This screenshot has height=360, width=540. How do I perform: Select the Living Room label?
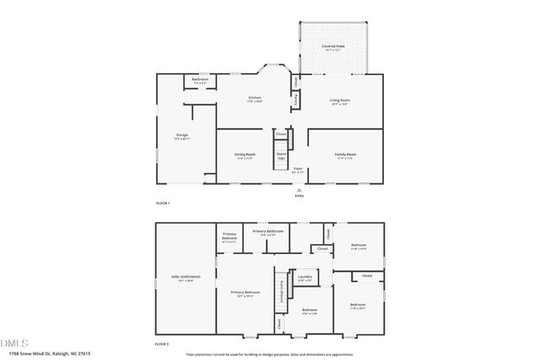[339, 100]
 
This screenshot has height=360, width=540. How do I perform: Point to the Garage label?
[181, 135]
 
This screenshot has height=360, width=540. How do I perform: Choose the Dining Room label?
[245, 154]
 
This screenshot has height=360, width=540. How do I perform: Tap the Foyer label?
[298, 169]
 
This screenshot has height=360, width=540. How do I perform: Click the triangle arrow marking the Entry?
[298, 190]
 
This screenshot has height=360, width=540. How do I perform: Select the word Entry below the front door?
[298, 196]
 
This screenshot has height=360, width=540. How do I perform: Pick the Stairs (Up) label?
[281, 155]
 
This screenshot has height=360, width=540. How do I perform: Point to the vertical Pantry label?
[295, 101]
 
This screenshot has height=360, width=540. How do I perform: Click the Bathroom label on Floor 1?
[200, 79]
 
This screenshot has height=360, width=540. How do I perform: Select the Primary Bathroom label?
[267, 230]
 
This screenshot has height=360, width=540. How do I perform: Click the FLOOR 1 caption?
[163, 203]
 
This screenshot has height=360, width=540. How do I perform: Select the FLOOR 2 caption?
[163, 344]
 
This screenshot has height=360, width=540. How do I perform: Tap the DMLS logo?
[14, 343]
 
